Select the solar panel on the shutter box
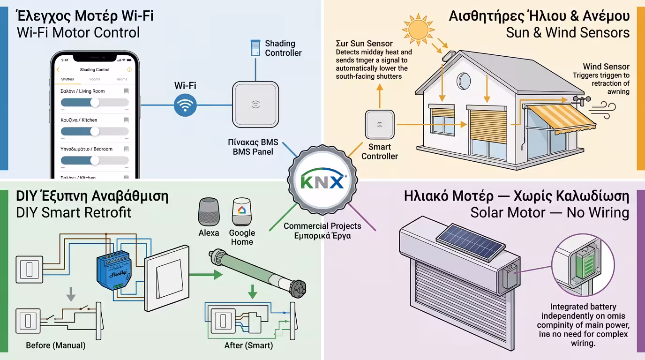[x=470, y=242]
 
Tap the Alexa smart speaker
[x=209, y=212]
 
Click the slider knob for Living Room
[x=95, y=102]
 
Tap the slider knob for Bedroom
[x=95, y=160]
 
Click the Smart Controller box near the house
[x=379, y=124]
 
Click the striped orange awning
[x=560, y=117]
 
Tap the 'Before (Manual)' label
[x=55, y=345]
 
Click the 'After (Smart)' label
[x=248, y=345]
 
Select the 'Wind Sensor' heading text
[x=606, y=67]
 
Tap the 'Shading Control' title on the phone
[x=95, y=70]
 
